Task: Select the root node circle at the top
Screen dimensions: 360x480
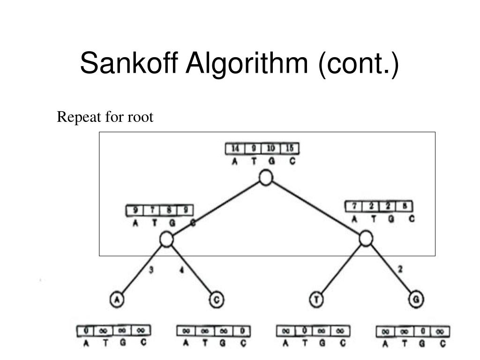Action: pyautogui.click(x=266, y=178)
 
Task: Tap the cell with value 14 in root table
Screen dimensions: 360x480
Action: pyautogui.click(x=235, y=149)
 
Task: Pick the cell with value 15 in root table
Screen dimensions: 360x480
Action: pyautogui.click(x=290, y=149)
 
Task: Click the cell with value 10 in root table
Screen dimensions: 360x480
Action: pyautogui.click(x=271, y=149)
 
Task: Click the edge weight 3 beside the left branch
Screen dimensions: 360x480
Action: pyautogui.click(x=151, y=270)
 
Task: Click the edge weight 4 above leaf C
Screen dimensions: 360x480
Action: pyautogui.click(x=181, y=270)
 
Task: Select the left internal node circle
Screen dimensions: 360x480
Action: pyautogui.click(x=166, y=239)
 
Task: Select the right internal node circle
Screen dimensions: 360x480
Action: pyautogui.click(x=366, y=239)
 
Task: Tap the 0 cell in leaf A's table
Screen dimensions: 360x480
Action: pyautogui.click(x=86, y=331)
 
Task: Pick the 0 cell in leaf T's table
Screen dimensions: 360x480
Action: pyautogui.click(x=304, y=331)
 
